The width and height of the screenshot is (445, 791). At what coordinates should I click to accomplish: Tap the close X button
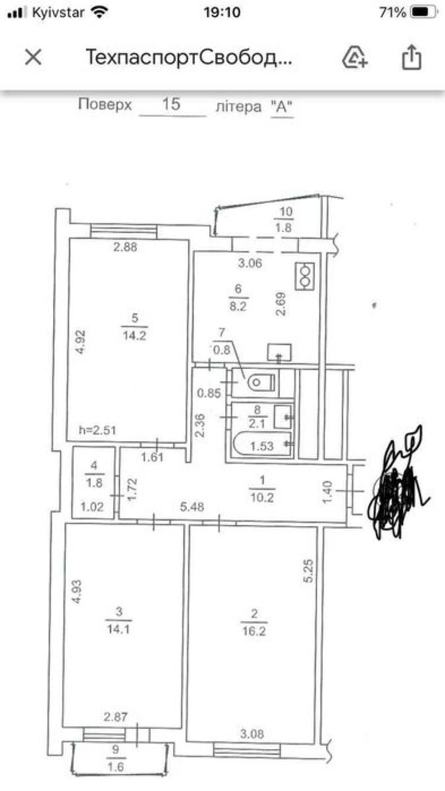[34, 57]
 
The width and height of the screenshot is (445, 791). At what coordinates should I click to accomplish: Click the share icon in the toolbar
[411, 57]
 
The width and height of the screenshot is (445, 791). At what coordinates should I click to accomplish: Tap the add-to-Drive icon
[355, 57]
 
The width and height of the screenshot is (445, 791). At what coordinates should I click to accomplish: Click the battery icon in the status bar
[424, 13]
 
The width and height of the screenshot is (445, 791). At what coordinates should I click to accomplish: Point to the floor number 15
[171, 104]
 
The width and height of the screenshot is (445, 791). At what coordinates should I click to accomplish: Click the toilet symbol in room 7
[261, 382]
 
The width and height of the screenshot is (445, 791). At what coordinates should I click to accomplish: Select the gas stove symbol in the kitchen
[305, 276]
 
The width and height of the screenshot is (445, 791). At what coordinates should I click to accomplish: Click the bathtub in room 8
[262, 445]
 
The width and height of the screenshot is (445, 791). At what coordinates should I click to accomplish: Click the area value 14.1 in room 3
[118, 629]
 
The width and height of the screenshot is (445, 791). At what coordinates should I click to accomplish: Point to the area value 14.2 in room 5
[134, 335]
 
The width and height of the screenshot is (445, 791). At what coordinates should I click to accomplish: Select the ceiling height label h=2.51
[98, 430]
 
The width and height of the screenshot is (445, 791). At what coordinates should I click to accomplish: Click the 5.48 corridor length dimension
[192, 507]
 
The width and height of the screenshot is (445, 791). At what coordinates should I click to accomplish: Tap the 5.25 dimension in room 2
[308, 571]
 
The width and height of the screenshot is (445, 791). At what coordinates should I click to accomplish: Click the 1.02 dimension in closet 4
[92, 507]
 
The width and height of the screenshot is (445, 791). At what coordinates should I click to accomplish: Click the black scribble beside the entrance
[398, 483]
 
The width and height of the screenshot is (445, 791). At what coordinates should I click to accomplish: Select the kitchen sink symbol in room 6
[280, 353]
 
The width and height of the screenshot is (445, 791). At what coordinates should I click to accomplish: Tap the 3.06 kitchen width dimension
[250, 263]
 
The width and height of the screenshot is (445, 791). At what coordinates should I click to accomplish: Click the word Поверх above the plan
[105, 105]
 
